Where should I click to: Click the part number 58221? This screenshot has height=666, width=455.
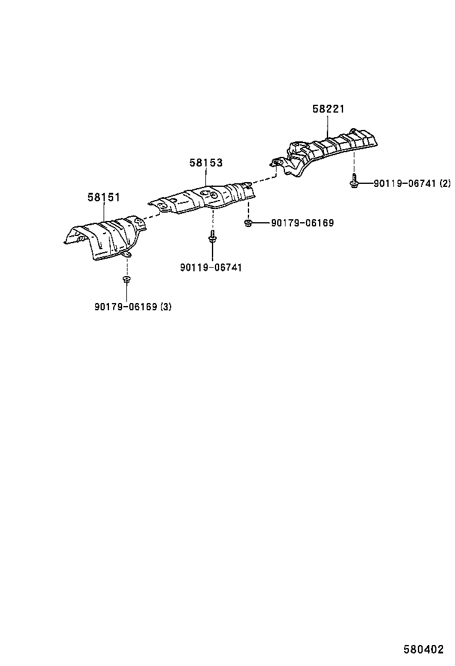328,109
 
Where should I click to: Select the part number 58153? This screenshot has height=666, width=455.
206,163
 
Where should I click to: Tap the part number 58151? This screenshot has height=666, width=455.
104,197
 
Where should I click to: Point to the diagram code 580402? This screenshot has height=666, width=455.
423,649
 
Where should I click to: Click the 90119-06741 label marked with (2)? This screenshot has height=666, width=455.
412,183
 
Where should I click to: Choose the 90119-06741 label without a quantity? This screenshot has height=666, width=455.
211,267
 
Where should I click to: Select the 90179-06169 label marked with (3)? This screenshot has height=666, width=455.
133,306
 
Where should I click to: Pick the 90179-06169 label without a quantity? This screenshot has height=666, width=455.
302,223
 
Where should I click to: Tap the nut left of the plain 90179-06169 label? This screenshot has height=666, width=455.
248,222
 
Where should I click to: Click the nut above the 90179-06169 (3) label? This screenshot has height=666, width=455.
126,278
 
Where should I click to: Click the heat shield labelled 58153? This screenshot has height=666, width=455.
202,198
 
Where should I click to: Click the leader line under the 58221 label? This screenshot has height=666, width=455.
328,126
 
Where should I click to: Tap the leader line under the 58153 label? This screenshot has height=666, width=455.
206,177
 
